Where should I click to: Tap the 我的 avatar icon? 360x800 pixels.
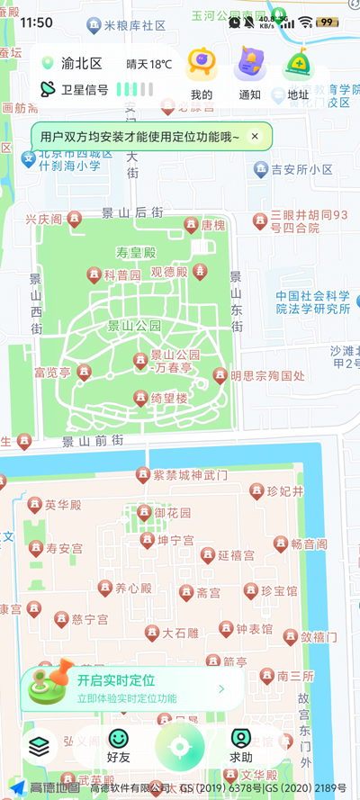click(202, 66)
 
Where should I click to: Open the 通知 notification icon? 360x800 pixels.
click(249, 66)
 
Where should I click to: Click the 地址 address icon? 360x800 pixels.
click(298, 66)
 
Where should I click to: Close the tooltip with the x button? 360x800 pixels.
click(255, 137)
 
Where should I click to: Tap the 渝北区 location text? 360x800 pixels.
click(81, 64)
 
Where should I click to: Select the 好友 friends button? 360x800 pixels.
click(118, 746)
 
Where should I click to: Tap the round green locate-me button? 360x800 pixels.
click(179, 746)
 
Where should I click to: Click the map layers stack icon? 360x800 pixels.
click(38, 746)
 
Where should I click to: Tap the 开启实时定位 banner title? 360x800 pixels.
click(116, 680)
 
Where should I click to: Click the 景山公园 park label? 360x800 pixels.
click(134, 326)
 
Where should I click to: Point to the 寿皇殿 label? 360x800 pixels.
click(135, 252)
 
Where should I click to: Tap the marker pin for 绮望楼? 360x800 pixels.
click(140, 398)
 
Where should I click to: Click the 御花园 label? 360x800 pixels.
click(172, 513)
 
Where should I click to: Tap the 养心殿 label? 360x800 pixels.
click(133, 589)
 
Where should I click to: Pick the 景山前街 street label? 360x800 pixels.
click(92, 440)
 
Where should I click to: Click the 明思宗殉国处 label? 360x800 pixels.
click(267, 376)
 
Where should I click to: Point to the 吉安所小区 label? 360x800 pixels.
click(301, 169)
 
